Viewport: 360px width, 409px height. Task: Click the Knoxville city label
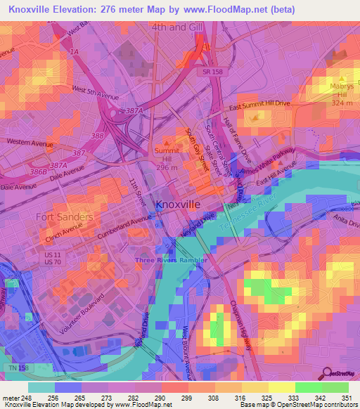coord(177,204)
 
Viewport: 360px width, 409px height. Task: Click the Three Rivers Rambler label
coord(172,260)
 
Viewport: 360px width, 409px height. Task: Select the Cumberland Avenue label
coord(125,228)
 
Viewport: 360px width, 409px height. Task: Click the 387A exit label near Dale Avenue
coord(58,166)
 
